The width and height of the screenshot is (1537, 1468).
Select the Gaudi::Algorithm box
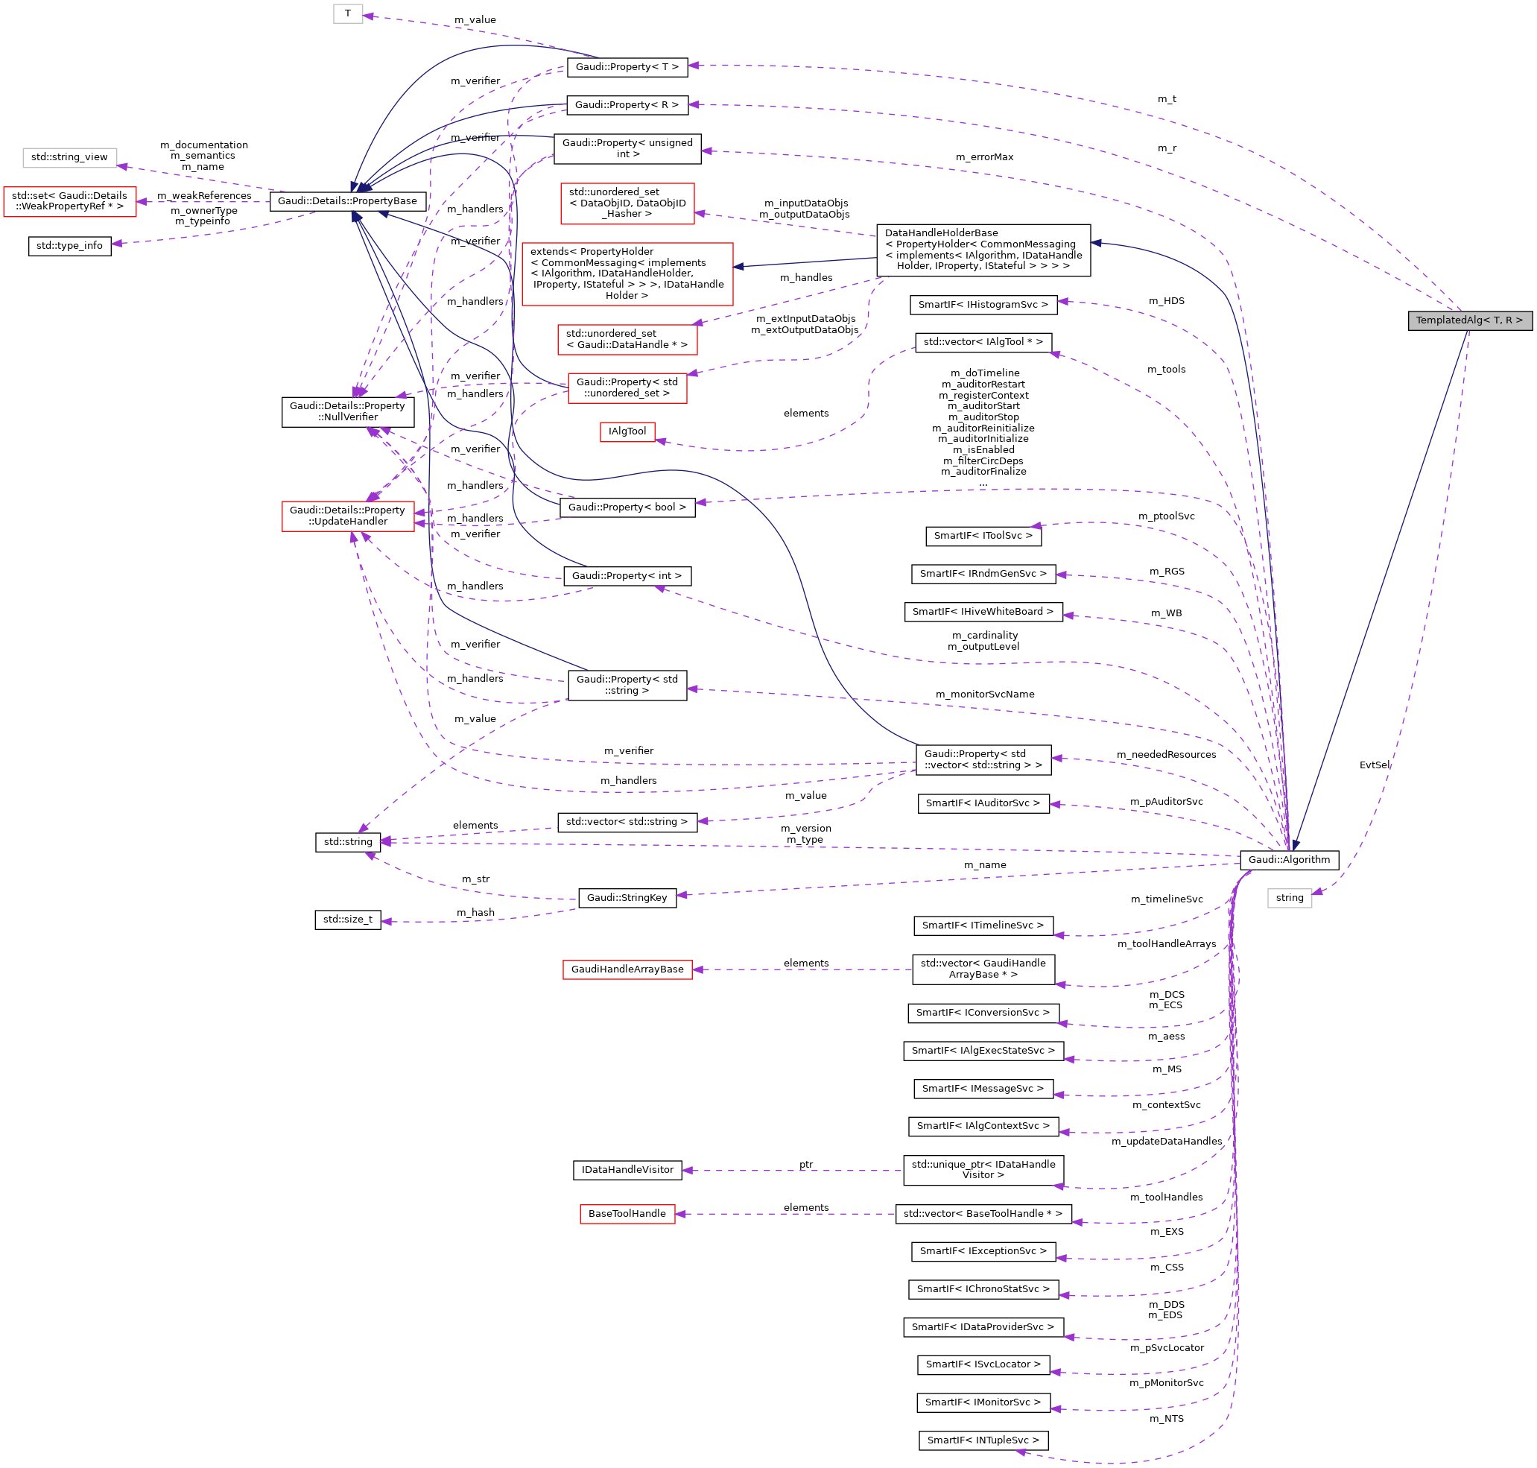coord(1289,859)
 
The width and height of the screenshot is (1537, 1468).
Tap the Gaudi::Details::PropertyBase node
coord(347,201)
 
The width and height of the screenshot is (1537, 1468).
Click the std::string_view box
coord(69,157)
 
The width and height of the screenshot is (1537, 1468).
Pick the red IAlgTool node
coord(627,431)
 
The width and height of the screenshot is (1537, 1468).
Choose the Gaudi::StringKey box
coord(627,897)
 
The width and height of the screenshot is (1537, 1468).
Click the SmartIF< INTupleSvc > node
coord(983,1440)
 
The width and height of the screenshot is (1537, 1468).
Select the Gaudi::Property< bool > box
coord(627,507)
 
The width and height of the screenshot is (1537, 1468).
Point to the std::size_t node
coord(348,920)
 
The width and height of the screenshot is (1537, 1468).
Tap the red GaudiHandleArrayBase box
coord(627,969)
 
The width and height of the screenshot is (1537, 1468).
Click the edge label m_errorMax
coord(984,157)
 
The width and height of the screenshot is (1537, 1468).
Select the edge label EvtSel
coord(1375,765)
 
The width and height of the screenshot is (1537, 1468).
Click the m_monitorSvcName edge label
coord(985,694)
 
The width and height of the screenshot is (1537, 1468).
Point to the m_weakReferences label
coord(204,196)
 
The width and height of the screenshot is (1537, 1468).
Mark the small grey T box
coord(348,13)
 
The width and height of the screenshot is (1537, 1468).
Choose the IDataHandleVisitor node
coord(627,1170)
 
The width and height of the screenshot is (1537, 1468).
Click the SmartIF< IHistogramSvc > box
coord(983,304)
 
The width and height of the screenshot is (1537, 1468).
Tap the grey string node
coord(1290,897)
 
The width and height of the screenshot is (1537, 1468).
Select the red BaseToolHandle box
coord(627,1214)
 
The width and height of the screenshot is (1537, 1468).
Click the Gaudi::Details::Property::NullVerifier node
coord(347,411)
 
